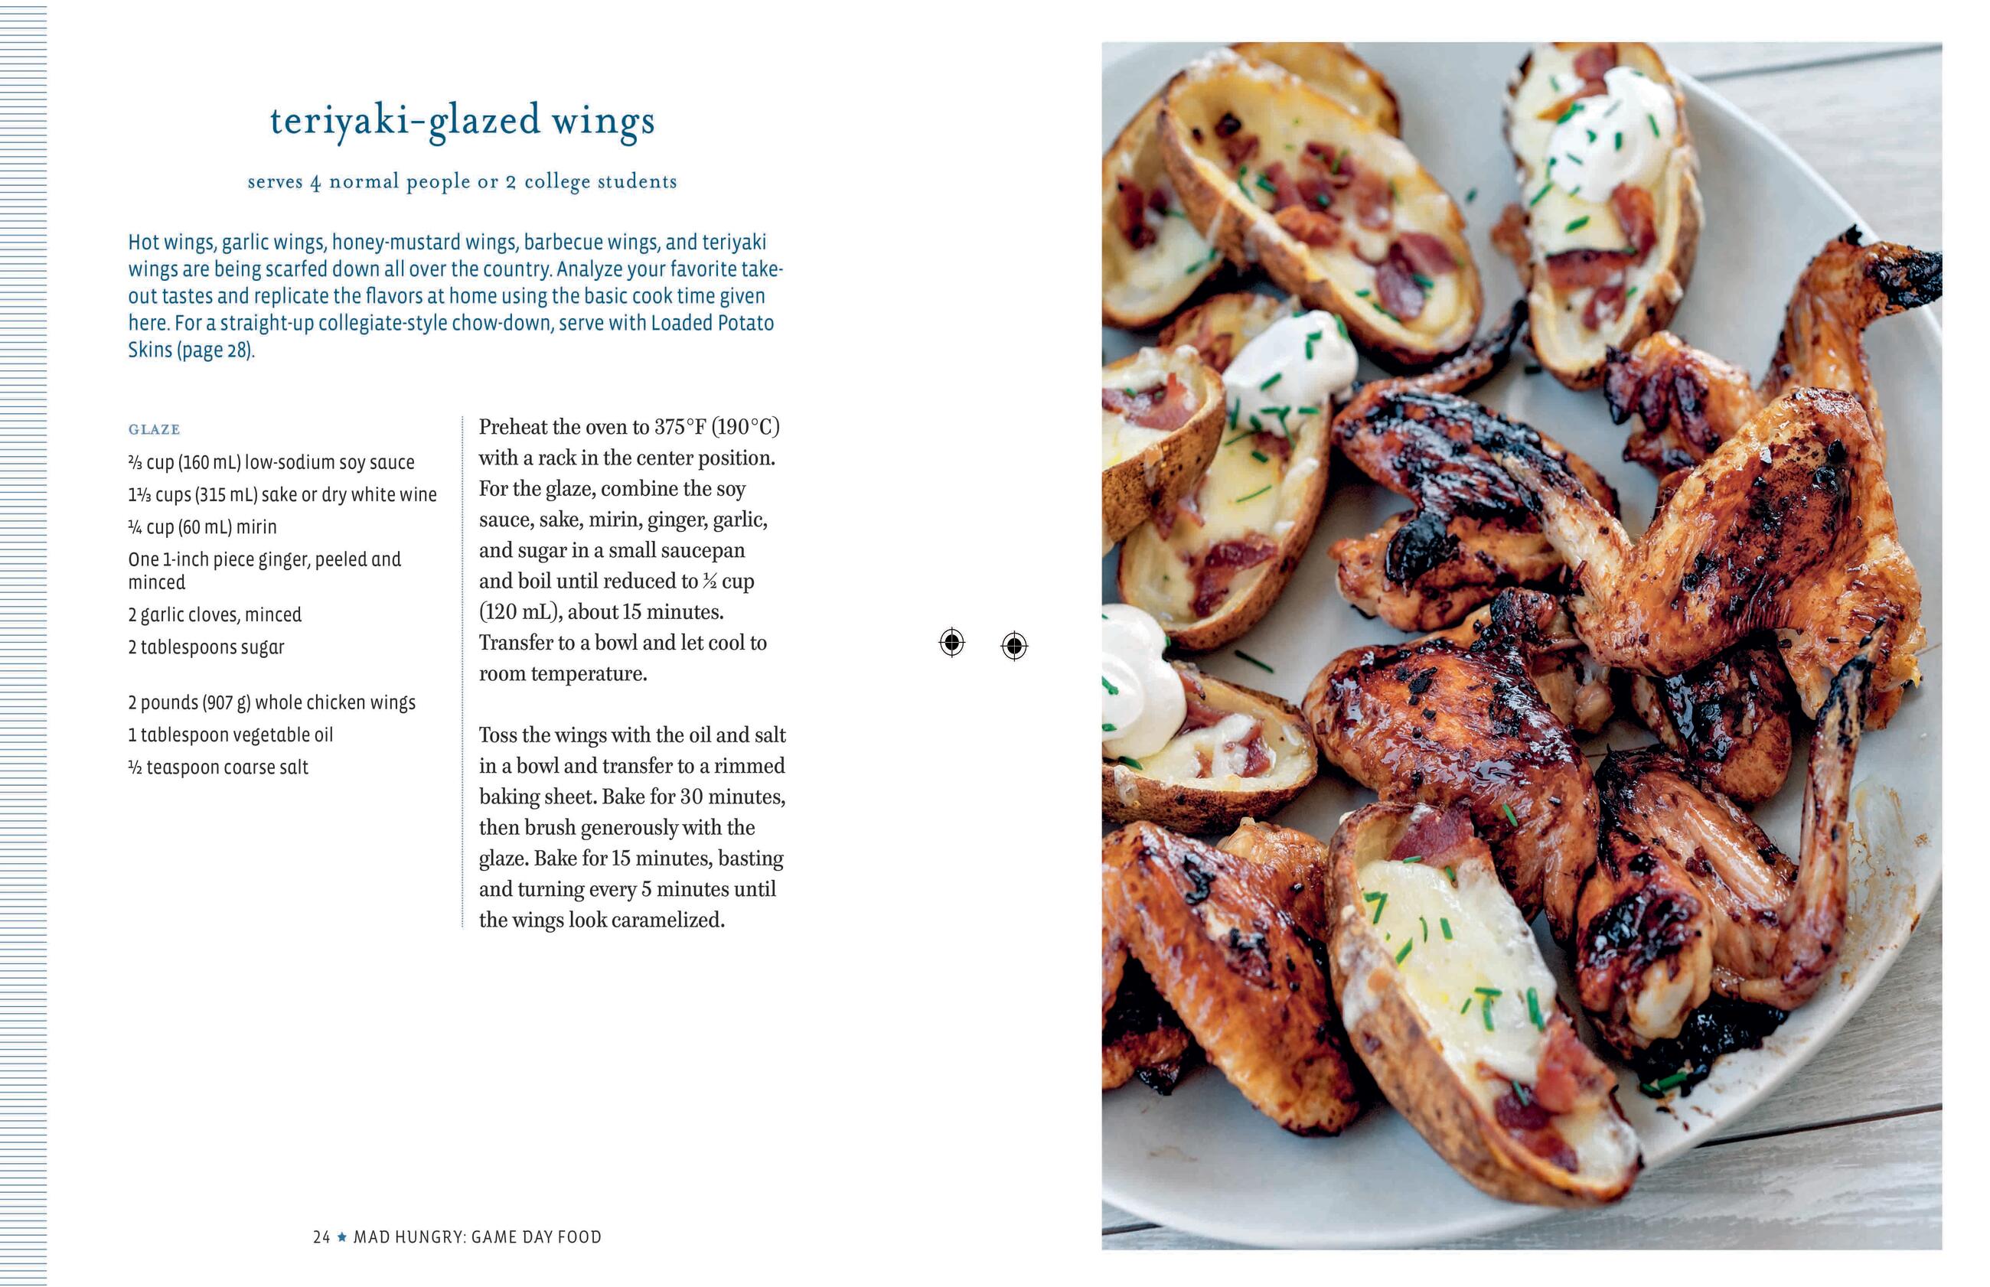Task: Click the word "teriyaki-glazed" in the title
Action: (405, 121)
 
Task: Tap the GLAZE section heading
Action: (154, 429)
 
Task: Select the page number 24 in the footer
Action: (321, 1236)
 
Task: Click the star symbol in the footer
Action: (342, 1236)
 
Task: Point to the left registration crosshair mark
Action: (952, 643)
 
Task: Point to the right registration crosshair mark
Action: (1014, 645)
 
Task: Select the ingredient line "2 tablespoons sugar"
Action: (206, 647)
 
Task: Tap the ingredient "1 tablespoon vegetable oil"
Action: (230, 735)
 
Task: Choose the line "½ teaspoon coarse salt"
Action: (218, 767)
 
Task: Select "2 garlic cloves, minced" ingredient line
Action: (214, 614)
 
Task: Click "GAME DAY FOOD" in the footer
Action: (536, 1236)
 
